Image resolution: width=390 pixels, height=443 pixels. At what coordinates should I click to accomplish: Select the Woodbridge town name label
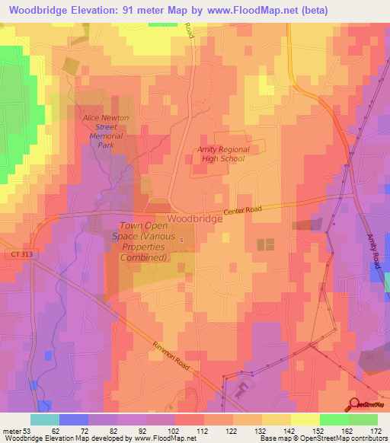194,218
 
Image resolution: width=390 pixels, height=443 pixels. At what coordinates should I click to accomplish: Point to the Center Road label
243,211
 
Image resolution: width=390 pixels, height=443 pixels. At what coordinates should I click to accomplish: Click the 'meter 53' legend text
15,431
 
